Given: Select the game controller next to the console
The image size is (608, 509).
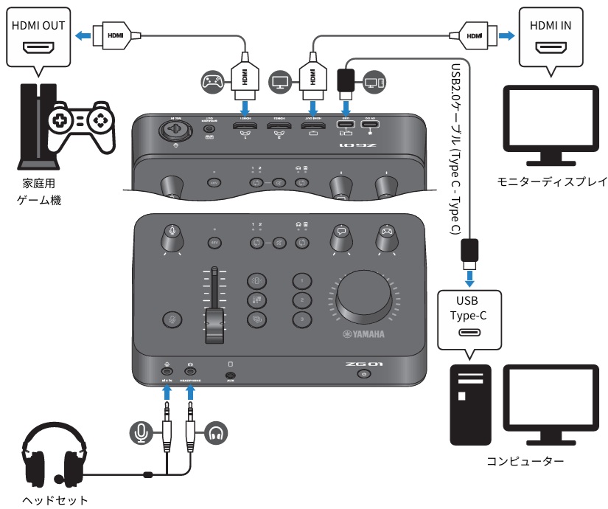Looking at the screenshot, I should [x=80, y=122].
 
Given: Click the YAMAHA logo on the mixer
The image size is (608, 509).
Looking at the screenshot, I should [x=363, y=334].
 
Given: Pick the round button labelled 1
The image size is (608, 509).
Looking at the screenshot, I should [x=301, y=281].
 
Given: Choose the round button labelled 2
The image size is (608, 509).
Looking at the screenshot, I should [x=301, y=300].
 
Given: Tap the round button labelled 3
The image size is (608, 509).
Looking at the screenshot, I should [x=301, y=319].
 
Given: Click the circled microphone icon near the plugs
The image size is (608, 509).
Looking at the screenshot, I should [x=141, y=433].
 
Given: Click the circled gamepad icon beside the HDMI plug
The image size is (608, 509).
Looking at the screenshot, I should [x=213, y=81].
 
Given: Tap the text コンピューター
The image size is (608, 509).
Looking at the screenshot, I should [x=525, y=463].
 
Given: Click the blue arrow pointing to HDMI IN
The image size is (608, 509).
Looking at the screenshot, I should [x=508, y=34].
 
